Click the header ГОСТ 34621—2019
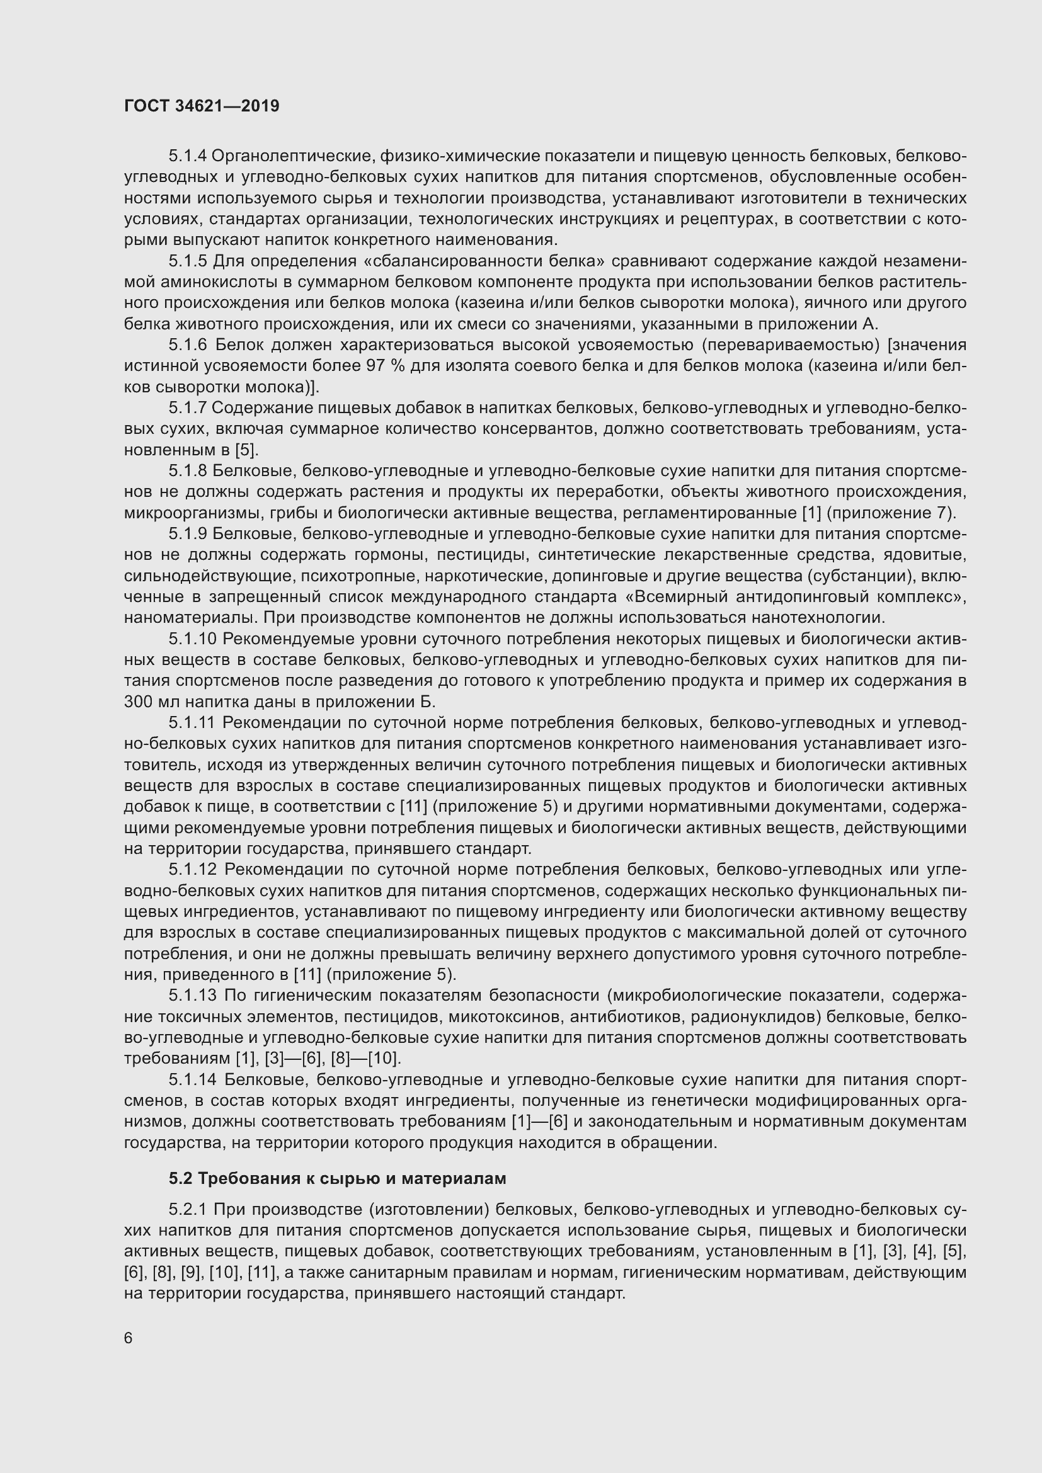pyautogui.click(x=202, y=106)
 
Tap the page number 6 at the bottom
pyautogui.click(x=129, y=1338)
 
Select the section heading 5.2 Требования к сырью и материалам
pyautogui.click(x=338, y=1178)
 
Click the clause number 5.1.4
pyautogui.click(x=187, y=156)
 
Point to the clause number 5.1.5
pyautogui.click(x=187, y=261)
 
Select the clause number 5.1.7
pyautogui.click(x=187, y=408)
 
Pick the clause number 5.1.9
pyautogui.click(x=187, y=534)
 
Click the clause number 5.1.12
pyautogui.click(x=193, y=870)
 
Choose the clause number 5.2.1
pyautogui.click(x=187, y=1210)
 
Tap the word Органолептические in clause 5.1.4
pyautogui.click(x=292, y=156)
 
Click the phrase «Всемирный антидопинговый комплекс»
pyautogui.click(x=795, y=596)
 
